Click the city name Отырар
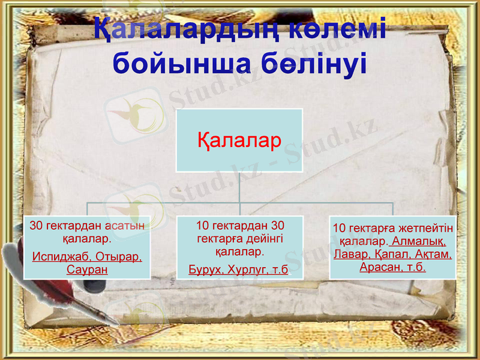point(118,257)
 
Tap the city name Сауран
point(87,269)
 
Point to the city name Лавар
point(349,254)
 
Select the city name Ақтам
point(433,254)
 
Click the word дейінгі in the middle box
point(263,238)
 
